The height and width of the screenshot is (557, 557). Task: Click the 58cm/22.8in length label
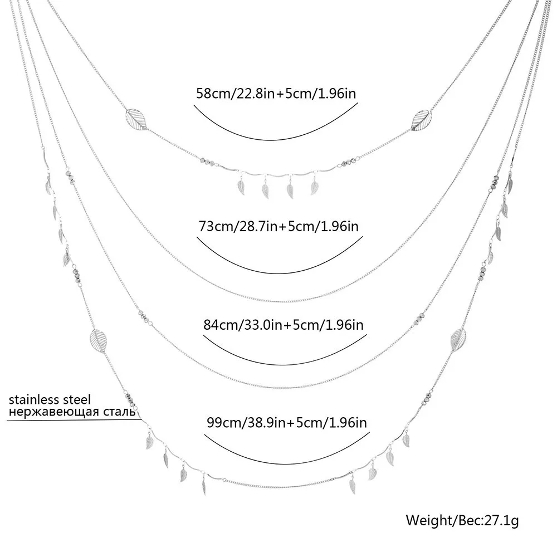point(276,92)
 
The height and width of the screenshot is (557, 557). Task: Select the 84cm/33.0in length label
point(282,324)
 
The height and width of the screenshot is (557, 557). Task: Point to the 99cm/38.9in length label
point(286,422)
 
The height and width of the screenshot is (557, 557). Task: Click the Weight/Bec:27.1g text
point(462,521)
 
